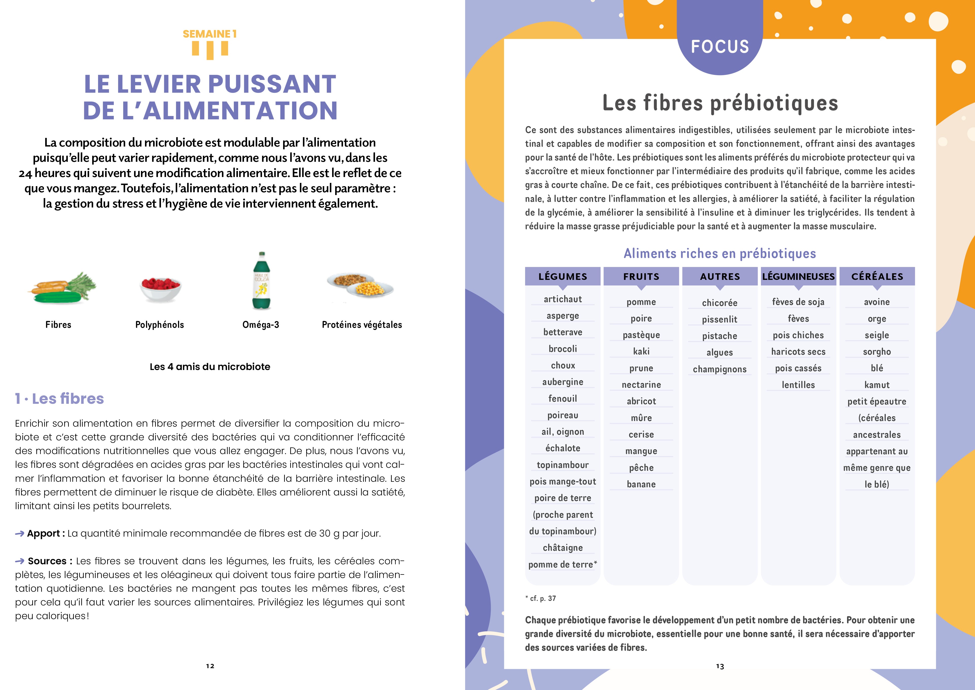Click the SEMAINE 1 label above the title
point(209,34)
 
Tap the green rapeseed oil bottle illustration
point(262,281)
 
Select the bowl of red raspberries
point(160,288)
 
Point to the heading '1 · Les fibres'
point(59,398)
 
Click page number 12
point(210,666)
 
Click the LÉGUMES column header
point(562,277)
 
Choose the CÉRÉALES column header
point(877,277)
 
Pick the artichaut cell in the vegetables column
point(562,299)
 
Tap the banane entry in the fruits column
point(641,484)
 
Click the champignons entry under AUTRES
point(720,369)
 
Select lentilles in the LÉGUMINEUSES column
point(798,385)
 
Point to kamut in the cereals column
point(877,385)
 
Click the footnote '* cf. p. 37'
point(540,598)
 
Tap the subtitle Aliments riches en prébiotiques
point(720,254)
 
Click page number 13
point(720,666)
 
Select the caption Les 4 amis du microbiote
point(210,367)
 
